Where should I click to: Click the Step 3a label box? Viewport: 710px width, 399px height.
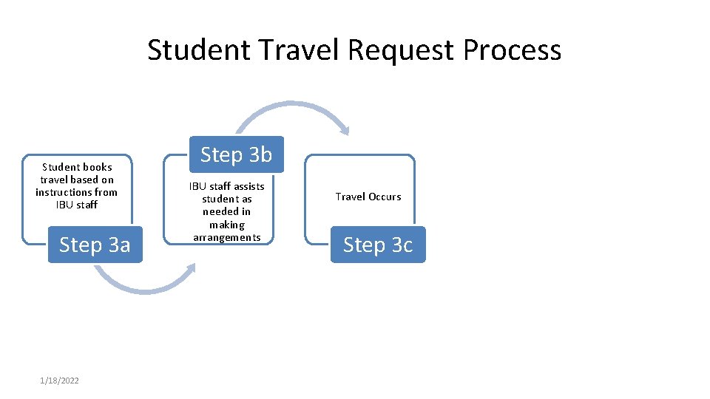coord(95,245)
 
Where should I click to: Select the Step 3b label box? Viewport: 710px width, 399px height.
coord(236,154)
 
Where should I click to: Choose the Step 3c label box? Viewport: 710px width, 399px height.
coord(378,245)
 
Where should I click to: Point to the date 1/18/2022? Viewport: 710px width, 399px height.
coord(60,381)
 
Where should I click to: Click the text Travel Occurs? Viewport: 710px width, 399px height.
coord(368,197)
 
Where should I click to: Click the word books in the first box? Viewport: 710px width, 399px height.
coord(96,167)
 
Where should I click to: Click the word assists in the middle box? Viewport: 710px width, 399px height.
coord(246,186)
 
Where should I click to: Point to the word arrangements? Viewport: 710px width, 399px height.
coord(227,237)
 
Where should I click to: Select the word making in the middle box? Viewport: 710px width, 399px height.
coord(227,225)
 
